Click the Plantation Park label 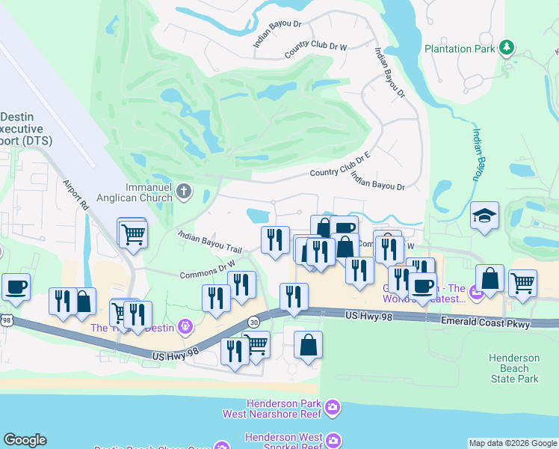coord(460,49)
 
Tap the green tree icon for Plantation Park coord(507,48)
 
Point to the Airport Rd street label coord(75,194)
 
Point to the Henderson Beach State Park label coord(514,368)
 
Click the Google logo coord(25,440)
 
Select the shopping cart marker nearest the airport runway coord(132,233)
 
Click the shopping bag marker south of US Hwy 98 coord(308,345)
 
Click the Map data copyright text coord(512,443)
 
